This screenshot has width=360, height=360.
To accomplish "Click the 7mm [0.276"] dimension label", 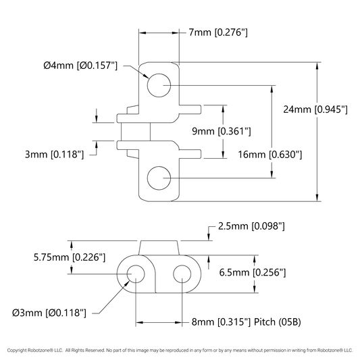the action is (x=218, y=32).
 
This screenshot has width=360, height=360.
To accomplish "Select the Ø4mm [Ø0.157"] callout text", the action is (x=80, y=66).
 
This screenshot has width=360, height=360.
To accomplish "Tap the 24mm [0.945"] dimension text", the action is (x=315, y=109).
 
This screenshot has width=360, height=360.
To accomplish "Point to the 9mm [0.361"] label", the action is (x=222, y=131).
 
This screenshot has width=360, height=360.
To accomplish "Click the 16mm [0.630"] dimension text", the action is (x=269, y=155).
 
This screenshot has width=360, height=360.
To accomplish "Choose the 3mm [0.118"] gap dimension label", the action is (x=55, y=155).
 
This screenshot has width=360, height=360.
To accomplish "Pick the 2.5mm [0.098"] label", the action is (x=251, y=226).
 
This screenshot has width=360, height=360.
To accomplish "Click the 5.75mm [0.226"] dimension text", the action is (x=70, y=257).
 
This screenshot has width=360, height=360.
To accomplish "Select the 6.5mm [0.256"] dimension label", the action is (x=253, y=272).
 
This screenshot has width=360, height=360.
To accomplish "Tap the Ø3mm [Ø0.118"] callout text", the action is (x=49, y=313).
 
